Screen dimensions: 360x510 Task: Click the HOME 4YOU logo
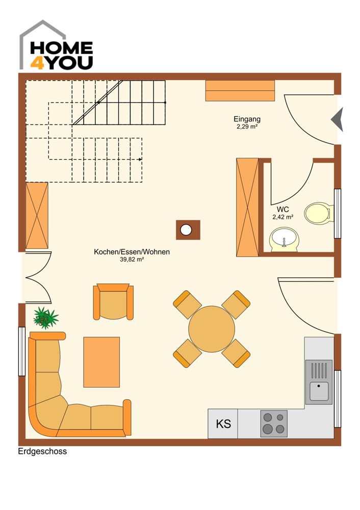click(56, 45)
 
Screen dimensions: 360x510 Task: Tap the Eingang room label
click(247, 119)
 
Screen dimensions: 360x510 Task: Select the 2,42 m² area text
click(283, 217)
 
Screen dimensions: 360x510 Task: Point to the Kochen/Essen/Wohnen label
click(132, 252)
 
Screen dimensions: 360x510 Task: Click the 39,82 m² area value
click(132, 259)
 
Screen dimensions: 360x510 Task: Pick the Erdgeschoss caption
click(42, 451)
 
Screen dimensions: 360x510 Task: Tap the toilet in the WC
click(319, 213)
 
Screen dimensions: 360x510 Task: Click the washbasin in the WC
click(284, 240)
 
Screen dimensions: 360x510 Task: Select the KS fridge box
click(223, 424)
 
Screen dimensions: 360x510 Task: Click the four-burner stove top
click(274, 423)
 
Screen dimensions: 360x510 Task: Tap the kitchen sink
click(319, 382)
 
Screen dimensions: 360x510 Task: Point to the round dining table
click(212, 329)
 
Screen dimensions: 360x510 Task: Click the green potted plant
click(45, 318)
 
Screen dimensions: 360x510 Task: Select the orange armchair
click(113, 301)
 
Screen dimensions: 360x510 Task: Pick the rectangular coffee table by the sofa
click(101, 362)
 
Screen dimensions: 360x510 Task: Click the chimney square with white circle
click(188, 230)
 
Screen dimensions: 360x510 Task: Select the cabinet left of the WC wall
click(247, 207)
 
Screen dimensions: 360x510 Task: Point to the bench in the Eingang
click(240, 91)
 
